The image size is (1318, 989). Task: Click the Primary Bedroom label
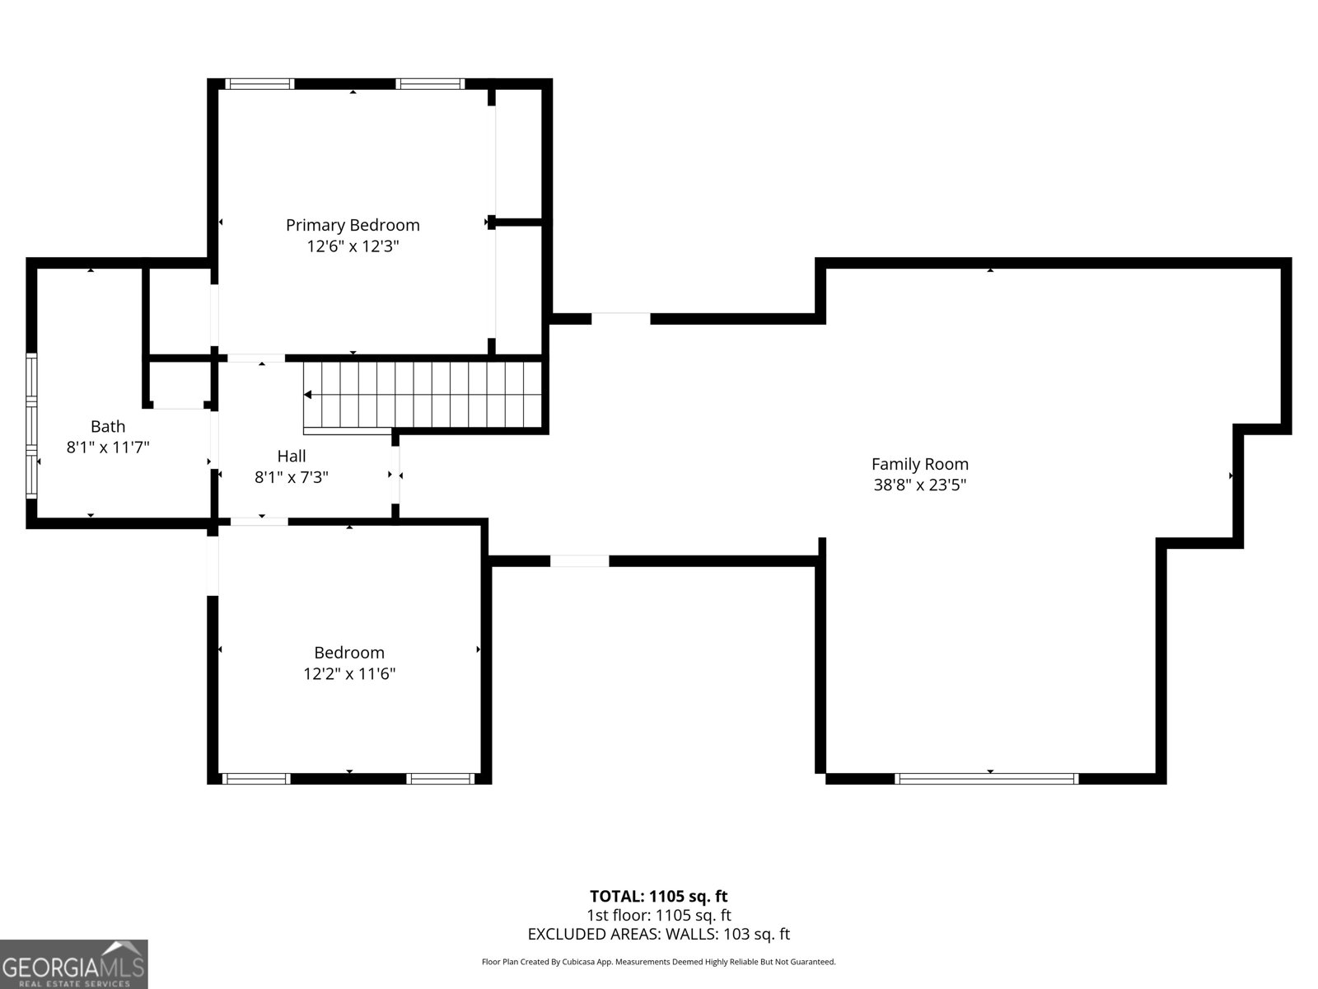pos(353,225)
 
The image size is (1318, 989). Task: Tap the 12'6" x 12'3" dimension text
pos(353,246)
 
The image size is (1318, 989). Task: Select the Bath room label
pos(108,426)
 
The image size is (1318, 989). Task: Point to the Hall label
pos(292,456)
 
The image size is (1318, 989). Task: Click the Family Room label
pos(919,464)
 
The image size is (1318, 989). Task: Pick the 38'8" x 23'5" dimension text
pos(919,485)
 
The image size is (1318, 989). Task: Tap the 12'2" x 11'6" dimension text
pos(349,673)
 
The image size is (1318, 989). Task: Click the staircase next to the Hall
pos(423,395)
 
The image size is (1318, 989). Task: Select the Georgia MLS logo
pos(74,963)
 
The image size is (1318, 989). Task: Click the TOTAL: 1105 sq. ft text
pos(658,896)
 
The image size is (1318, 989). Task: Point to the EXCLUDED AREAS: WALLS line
pos(658,934)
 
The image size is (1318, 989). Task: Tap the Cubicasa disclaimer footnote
pos(658,962)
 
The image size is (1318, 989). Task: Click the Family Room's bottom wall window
pos(986,778)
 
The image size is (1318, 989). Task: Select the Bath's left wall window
pos(32,425)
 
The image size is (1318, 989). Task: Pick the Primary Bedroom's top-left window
pos(259,83)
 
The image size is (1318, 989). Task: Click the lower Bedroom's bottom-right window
pos(441,778)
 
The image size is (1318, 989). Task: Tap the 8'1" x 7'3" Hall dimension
pos(292,476)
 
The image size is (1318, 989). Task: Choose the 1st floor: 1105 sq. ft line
pos(658,915)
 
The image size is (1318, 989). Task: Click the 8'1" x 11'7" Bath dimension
pos(108,448)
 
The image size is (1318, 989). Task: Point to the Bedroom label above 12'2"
pos(349,653)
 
